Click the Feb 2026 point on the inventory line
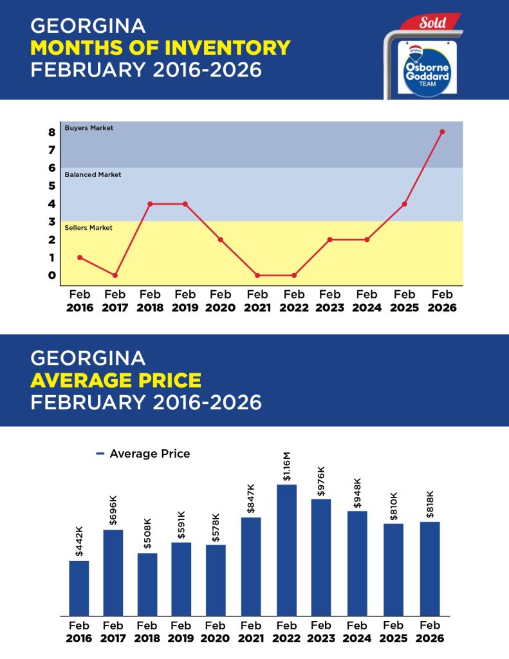[x=442, y=132]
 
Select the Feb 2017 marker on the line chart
[x=115, y=275]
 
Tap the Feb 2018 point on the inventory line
[x=150, y=204]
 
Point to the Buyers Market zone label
[x=89, y=128]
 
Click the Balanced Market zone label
[x=93, y=174]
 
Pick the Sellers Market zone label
[x=89, y=228]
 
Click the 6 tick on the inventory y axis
[x=52, y=168]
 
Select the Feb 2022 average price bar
[x=286, y=550]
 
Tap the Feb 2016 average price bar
[x=79, y=588]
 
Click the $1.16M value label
[x=287, y=467]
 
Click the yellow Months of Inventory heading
[x=160, y=47]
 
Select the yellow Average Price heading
[x=116, y=380]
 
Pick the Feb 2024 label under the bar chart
[x=357, y=632]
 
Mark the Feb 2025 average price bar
[x=393, y=570]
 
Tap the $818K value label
[x=430, y=504]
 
